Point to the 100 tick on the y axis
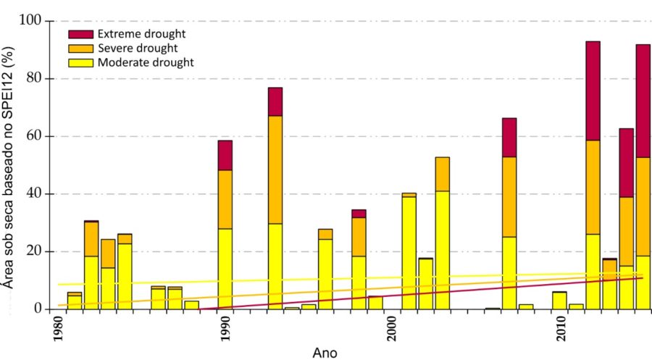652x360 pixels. point(32,20)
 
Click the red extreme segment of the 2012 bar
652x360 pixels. point(593,91)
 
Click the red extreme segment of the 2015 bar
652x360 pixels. point(643,101)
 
